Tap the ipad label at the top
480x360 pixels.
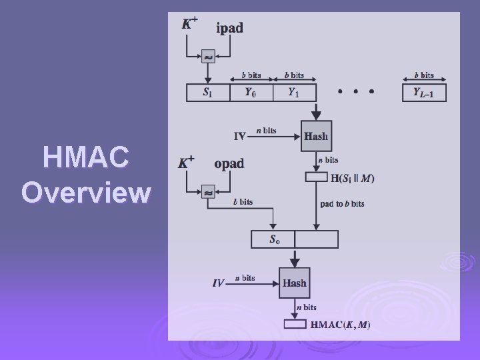230,28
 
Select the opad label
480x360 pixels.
229,163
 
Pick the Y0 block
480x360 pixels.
249,93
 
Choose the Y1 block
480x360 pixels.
293,93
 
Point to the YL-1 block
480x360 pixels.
423,93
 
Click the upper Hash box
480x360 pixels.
315,136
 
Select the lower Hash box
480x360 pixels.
294,283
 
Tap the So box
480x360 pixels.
273,239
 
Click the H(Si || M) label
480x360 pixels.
353,178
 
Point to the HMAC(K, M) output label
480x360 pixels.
341,325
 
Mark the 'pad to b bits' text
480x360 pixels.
342,203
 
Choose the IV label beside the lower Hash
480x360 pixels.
218,283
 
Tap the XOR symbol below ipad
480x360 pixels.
209,58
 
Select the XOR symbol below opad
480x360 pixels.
209,192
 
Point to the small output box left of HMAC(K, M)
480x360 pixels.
295,325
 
